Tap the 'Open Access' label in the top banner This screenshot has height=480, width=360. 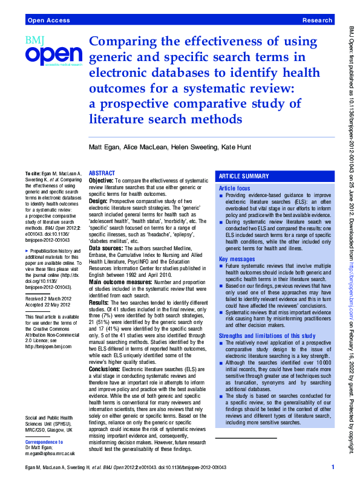46,20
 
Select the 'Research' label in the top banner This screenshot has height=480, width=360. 317,20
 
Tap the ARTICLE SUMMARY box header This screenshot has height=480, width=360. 244,176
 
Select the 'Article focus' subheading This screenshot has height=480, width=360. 234,189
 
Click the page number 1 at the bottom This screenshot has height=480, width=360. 332,467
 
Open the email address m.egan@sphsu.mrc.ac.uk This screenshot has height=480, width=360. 50,453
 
